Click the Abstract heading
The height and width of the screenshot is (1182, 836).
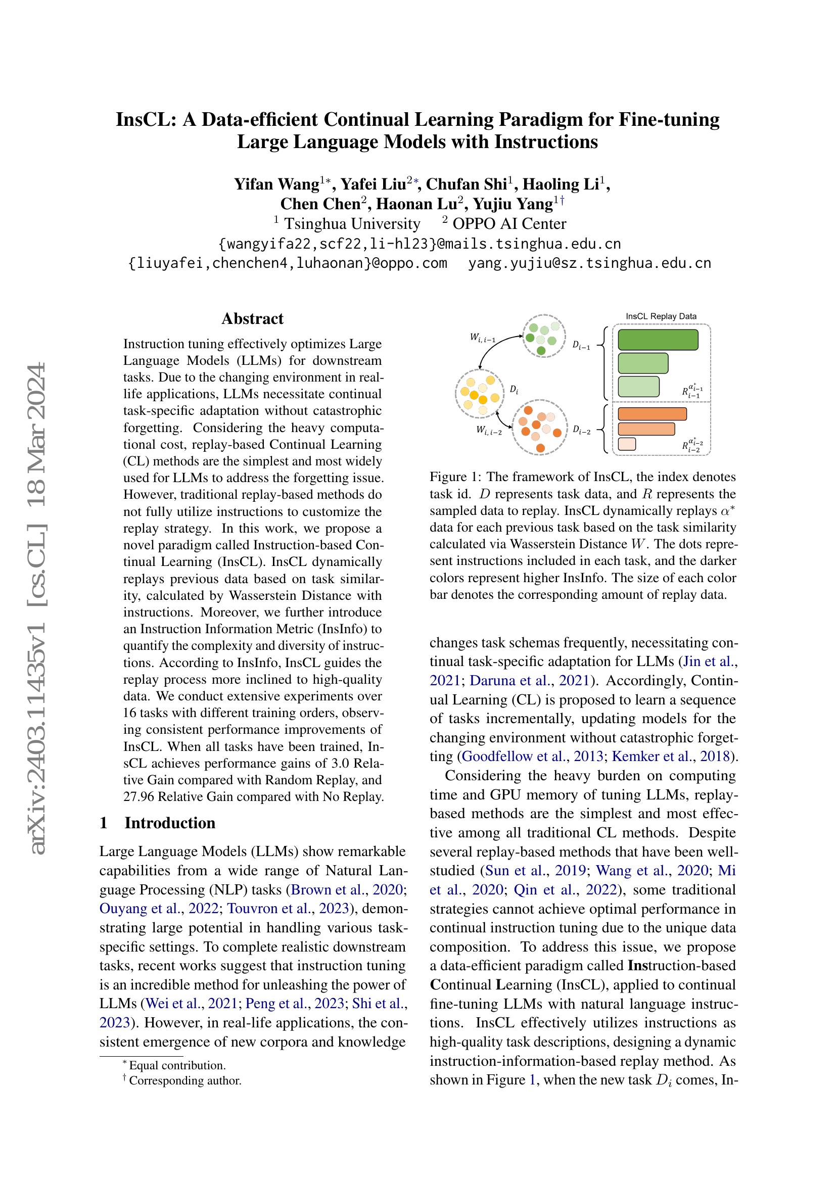pyautogui.click(x=252, y=319)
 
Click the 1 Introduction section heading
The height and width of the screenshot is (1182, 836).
pyautogui.click(x=158, y=823)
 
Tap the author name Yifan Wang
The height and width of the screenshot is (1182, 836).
pyautogui.click(x=276, y=184)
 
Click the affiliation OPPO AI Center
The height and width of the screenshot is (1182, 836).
pyautogui.click(x=508, y=223)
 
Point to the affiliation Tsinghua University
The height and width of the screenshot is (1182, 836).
pyautogui.click(x=352, y=223)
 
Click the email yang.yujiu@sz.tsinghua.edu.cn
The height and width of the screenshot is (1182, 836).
pyautogui.click(x=589, y=263)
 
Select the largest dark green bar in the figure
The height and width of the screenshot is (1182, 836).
pyautogui.click(x=658, y=340)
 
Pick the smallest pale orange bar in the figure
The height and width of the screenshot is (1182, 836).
pyautogui.click(x=626, y=444)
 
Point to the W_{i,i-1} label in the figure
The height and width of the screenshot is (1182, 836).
pyautogui.click(x=482, y=338)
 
